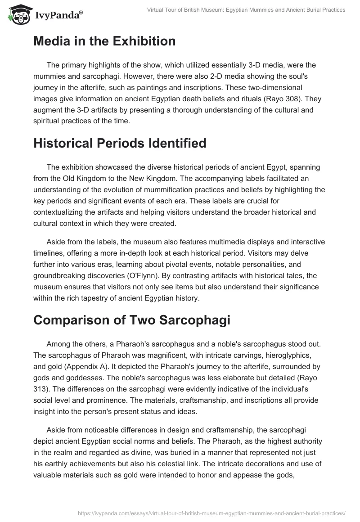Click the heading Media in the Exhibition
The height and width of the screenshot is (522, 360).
104,41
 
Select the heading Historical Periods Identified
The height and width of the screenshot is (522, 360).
120,143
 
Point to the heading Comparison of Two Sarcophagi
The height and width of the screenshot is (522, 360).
132,321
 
